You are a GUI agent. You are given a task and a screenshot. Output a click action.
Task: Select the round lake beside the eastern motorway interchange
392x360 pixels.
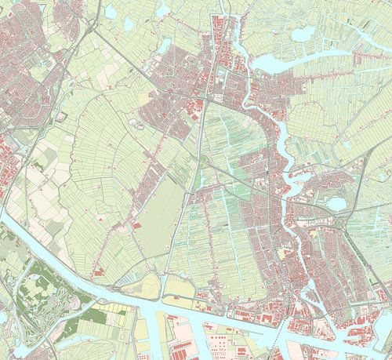337,204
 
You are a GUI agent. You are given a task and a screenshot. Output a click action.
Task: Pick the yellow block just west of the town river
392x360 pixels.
281,255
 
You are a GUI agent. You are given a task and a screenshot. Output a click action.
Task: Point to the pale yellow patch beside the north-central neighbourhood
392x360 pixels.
143,99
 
